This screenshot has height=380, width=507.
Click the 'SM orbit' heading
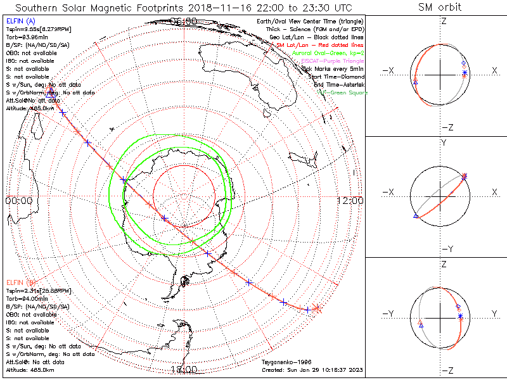(440, 8)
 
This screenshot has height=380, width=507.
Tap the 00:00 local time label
(18, 200)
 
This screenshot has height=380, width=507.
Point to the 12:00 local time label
(350, 200)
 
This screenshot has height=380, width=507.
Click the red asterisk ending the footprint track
(318, 309)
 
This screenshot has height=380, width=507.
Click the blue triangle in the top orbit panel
(415, 82)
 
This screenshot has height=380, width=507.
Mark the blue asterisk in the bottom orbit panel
(460, 316)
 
